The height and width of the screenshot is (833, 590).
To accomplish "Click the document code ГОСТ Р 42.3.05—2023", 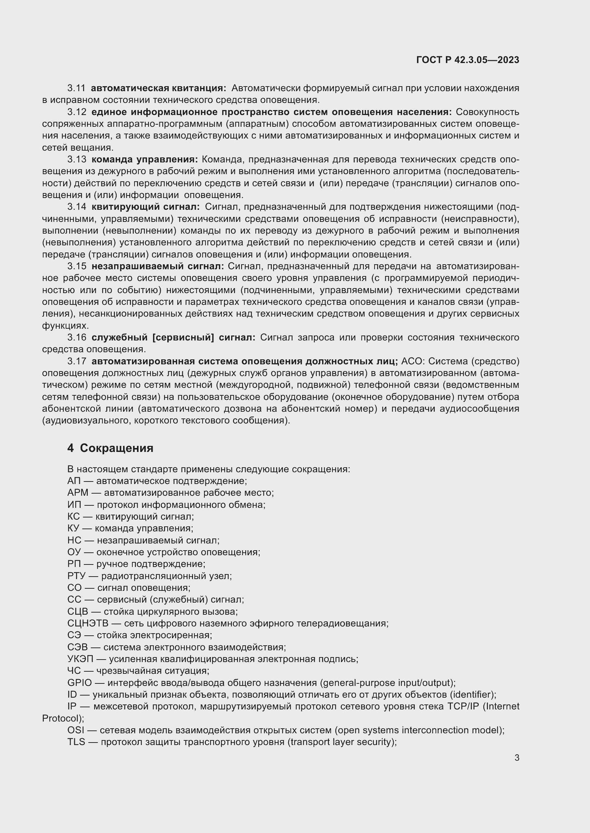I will pos(468,60).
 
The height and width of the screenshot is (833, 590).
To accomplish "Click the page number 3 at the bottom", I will pos(517,758).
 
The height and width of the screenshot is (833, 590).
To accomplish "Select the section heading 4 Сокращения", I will pos(110,448).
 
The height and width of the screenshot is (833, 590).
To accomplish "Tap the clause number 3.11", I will pos(76,88).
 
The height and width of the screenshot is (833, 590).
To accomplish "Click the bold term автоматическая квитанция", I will pos(158,88).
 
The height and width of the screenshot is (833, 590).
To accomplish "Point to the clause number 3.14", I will pos(77,207).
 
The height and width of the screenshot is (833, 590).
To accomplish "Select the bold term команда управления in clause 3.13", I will pos(144,159).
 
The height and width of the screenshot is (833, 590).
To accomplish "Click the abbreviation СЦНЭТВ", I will pos(87,623).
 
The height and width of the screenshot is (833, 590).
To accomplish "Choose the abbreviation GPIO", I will pos(80,683).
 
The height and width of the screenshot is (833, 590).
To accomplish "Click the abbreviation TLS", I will pos(76,742).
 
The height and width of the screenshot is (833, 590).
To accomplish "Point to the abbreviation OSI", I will pos(75,730).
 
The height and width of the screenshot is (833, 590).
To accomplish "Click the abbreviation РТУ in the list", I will pos(76,576).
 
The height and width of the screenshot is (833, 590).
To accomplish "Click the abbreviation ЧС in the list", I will pos(74,671).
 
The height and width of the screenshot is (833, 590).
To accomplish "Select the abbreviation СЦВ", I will pos(77,611).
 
